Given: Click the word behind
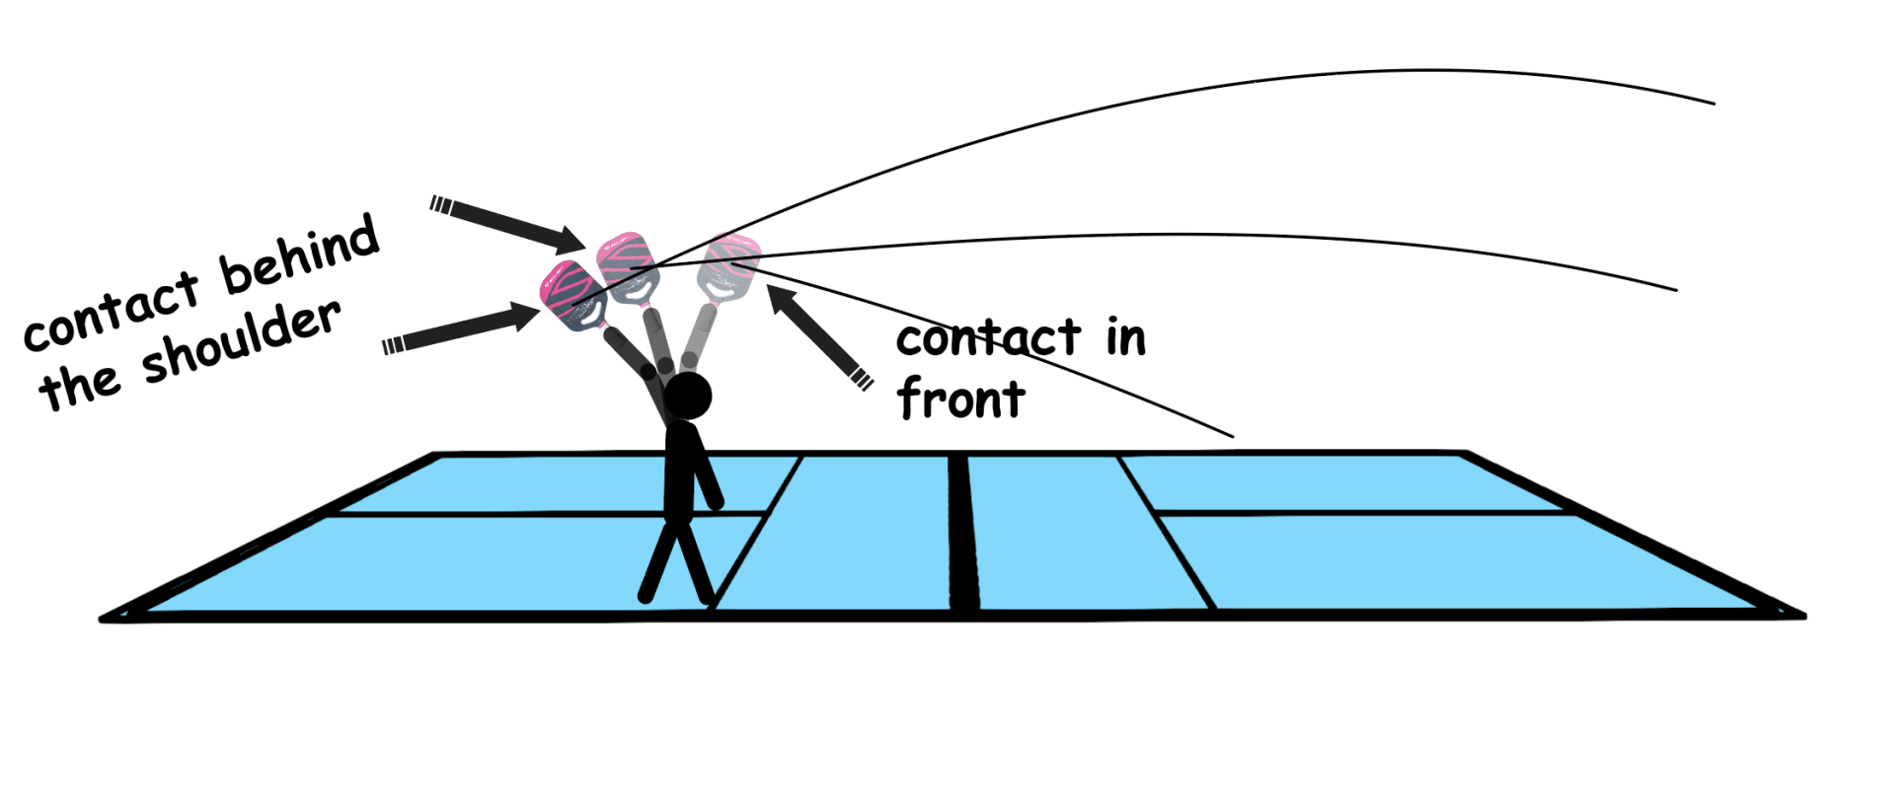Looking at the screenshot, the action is (x=299, y=254).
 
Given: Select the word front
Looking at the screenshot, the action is (x=960, y=400).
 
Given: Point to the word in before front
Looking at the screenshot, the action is (x=1125, y=338).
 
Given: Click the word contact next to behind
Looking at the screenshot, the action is (x=111, y=313).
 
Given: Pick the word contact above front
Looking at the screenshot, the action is (x=988, y=338).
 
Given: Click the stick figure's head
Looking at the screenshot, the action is (x=688, y=396).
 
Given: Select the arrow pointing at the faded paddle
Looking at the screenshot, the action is (x=819, y=336).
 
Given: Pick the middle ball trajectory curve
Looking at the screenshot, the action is (x=1283, y=237).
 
